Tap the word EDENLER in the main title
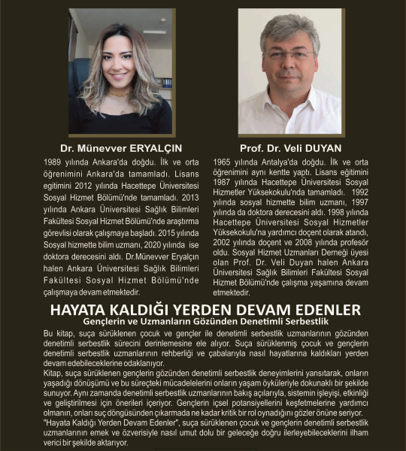tap(325, 309)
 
